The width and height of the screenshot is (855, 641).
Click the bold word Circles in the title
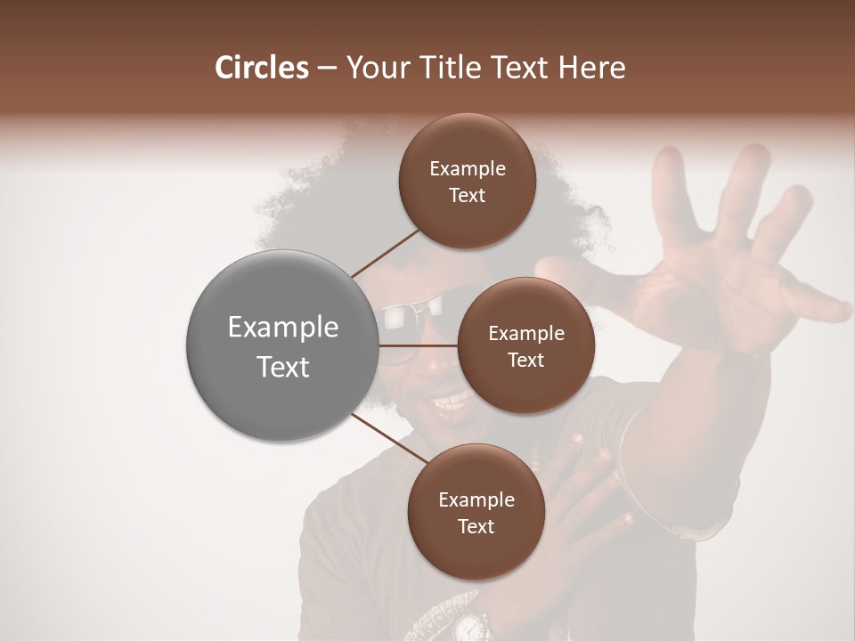tap(261, 68)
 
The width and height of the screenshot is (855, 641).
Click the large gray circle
tap(281, 345)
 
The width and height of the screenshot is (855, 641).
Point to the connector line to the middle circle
tap(419, 345)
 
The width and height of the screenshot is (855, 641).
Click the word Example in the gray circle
tap(283, 328)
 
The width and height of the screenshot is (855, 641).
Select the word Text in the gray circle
tap(283, 367)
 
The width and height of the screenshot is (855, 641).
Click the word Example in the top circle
tap(468, 169)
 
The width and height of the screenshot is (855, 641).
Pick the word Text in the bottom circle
tap(476, 526)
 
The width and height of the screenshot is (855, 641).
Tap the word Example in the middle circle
tap(526, 334)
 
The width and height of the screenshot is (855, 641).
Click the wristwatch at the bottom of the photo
tap(470, 626)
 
